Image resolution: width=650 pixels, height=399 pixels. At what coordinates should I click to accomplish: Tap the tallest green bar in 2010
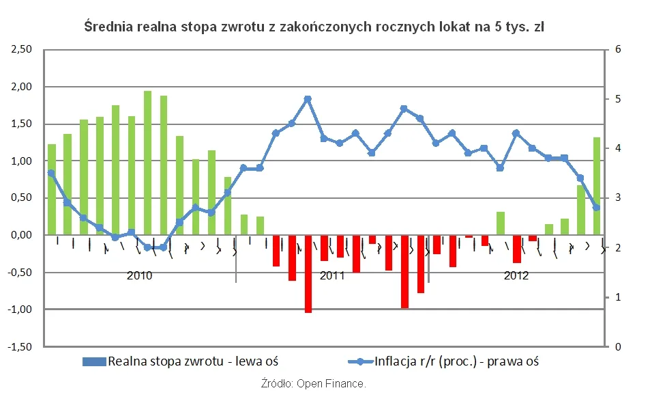(148, 163)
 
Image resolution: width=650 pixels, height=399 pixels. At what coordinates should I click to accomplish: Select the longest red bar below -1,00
(308, 273)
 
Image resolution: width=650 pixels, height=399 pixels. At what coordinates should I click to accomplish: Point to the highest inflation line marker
(308, 98)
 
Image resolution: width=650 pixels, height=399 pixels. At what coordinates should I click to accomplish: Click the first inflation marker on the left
(51, 173)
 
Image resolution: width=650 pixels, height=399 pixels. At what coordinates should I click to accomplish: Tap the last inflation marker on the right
(596, 208)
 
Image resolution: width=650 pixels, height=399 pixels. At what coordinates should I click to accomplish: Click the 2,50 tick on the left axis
(23, 50)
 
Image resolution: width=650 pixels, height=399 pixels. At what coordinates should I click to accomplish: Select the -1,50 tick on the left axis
(21, 346)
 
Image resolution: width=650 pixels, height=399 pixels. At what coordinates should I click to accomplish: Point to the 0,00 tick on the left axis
(23, 235)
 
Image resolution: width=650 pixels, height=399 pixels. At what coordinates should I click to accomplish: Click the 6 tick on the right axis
(618, 50)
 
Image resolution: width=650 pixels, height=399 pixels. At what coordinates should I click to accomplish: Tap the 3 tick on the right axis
(618, 198)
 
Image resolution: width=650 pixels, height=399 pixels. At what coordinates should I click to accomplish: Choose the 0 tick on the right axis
(618, 346)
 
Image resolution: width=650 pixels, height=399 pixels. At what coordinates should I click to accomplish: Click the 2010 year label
(140, 276)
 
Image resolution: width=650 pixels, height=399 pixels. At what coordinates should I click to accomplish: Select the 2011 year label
(332, 276)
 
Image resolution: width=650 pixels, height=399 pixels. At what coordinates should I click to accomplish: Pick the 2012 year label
(516, 276)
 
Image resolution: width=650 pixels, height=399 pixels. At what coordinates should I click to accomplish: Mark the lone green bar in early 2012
(501, 223)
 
